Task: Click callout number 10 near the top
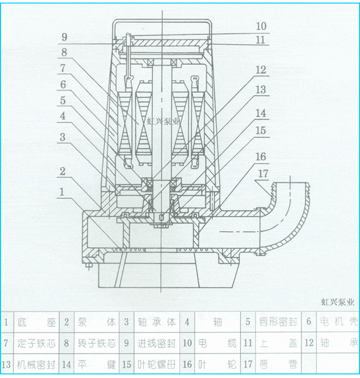261,26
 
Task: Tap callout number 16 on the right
261,157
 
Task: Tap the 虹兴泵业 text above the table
337,302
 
